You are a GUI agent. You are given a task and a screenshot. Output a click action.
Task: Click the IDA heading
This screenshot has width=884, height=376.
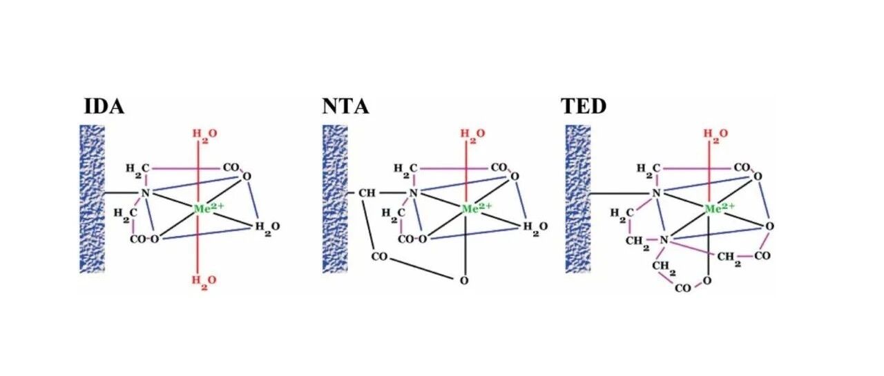click(104, 106)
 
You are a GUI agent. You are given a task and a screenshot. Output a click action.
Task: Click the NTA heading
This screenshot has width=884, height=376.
click(346, 106)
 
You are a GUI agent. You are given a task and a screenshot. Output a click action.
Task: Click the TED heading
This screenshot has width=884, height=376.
click(584, 106)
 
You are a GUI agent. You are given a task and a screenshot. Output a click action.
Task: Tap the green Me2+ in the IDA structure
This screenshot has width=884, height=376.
click(209, 208)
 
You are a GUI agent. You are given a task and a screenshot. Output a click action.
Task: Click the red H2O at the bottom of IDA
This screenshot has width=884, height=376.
click(204, 281)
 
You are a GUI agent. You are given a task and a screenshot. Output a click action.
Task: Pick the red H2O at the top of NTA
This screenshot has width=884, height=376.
click(473, 135)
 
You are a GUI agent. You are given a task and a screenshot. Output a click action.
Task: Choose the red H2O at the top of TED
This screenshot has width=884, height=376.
click(716, 135)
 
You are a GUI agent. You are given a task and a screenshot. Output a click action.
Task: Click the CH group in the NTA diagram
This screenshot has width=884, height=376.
click(367, 193)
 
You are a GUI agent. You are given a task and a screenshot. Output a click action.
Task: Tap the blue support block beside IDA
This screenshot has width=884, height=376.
click(93, 199)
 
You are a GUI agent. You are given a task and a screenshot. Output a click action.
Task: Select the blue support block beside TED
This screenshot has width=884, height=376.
click(578, 199)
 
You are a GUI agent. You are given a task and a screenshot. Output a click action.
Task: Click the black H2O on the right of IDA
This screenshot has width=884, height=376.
click(267, 228)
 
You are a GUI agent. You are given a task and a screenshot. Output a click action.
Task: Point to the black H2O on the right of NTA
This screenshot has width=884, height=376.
click(535, 228)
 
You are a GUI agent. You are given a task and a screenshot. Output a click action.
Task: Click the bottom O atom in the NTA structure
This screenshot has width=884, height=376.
click(465, 281)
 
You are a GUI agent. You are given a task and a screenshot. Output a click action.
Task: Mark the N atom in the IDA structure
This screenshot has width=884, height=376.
click(146, 193)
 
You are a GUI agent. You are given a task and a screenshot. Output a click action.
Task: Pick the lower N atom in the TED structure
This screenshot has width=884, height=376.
click(664, 239)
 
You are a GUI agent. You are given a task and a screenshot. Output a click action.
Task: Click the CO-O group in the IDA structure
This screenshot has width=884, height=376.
click(144, 239)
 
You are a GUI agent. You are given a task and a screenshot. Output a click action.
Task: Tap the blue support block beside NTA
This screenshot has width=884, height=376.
click(336, 199)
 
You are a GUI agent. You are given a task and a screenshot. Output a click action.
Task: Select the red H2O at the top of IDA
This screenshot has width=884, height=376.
click(205, 135)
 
